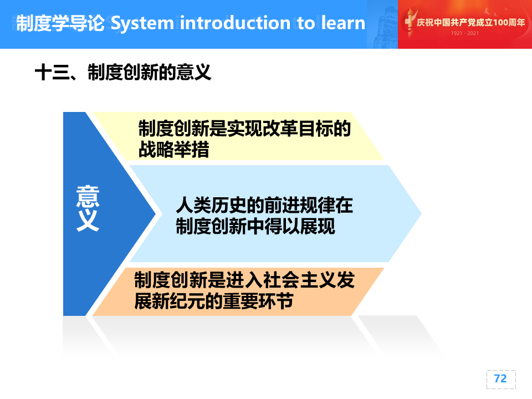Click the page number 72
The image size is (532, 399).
pos(500,378)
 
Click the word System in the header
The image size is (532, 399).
pos(142,23)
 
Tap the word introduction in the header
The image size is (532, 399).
pos(235,23)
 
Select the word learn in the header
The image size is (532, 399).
pos(343,23)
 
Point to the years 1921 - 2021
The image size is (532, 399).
pos(465,33)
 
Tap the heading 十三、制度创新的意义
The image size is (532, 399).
pos(123,72)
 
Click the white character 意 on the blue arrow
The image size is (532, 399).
pos(88,196)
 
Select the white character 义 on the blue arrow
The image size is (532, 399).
pos(88,221)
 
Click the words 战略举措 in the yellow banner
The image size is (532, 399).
pos(173,149)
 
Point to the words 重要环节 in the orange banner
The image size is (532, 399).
pos(258,301)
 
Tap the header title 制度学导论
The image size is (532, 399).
pos(60,23)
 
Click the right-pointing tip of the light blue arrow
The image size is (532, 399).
pos(421,213)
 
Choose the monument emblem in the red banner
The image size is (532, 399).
pos(410,22)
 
